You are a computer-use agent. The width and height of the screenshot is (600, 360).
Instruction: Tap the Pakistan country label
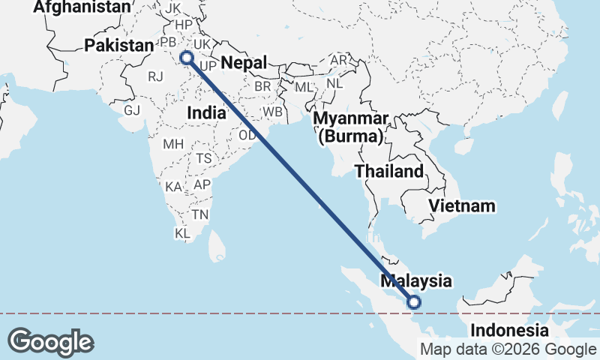tap(118, 45)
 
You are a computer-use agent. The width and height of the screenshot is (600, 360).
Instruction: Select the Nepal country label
tap(244, 63)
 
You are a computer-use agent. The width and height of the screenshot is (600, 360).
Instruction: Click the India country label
tap(206, 112)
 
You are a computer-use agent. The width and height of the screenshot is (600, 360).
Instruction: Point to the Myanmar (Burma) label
tap(351, 127)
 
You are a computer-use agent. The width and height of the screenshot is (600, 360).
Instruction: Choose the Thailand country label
tap(389, 171)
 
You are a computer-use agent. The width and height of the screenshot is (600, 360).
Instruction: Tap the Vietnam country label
tap(462, 205)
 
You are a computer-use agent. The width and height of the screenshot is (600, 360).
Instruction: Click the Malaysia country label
tap(416, 281)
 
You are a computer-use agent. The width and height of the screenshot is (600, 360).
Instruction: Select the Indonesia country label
tap(509, 330)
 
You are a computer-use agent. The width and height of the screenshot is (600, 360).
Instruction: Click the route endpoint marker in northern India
tap(187, 57)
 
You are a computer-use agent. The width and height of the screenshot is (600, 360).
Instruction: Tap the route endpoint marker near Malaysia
tap(413, 302)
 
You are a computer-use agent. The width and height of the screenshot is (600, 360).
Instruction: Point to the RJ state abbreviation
tap(155, 76)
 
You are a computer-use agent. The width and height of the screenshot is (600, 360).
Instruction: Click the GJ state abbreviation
tap(132, 110)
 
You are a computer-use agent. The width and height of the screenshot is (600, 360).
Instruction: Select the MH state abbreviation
tap(173, 143)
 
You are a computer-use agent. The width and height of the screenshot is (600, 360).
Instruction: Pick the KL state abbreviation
tap(183, 233)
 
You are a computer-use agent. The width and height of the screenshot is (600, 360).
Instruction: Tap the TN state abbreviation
tap(200, 214)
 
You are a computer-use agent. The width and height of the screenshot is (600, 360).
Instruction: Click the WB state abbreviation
tap(271, 112)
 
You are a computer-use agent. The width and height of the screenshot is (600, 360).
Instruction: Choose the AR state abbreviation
tap(340, 60)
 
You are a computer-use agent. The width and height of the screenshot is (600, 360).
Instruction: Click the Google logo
tap(50, 342)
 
